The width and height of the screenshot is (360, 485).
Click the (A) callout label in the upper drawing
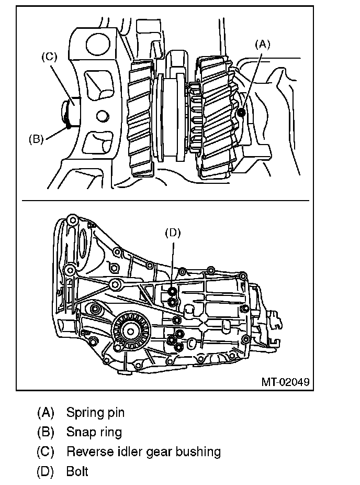(262, 45)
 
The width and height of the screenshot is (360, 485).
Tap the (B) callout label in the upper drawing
(36, 139)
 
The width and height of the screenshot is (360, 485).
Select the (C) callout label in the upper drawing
(49, 57)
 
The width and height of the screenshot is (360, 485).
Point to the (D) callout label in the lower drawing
(173, 233)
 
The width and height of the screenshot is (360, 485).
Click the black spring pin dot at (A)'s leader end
(241, 113)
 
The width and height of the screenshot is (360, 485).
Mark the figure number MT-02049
(285, 382)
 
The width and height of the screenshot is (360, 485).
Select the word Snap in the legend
(79, 432)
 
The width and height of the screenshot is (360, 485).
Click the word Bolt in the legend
(77, 471)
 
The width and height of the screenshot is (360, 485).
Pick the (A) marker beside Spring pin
(46, 413)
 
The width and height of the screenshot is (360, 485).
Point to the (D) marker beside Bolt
(46, 472)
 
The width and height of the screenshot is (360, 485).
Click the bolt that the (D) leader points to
(173, 292)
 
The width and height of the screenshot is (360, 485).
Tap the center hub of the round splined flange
(130, 331)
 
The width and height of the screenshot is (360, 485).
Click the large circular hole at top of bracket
(98, 44)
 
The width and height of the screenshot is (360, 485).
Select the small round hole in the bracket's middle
(103, 116)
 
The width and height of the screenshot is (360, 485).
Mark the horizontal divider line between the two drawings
(165, 201)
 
